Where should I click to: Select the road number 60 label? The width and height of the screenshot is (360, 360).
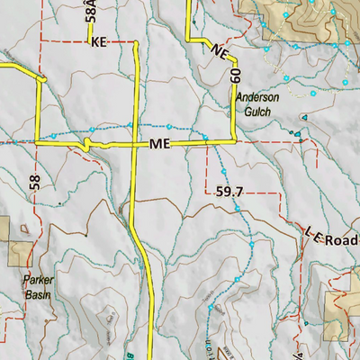236,75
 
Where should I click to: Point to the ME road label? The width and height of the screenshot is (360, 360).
160,144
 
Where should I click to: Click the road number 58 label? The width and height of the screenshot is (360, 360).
35,183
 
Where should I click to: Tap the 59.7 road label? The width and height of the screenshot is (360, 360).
230,191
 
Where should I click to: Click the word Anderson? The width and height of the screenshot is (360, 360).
258,98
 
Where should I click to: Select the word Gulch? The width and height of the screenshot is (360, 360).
256,112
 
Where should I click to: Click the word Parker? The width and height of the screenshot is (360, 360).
38,280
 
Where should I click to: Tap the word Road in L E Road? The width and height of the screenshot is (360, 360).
344,238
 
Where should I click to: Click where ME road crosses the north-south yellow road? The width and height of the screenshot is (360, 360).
134,143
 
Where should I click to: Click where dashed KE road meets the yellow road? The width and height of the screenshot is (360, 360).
135,42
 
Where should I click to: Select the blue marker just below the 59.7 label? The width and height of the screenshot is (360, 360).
237,208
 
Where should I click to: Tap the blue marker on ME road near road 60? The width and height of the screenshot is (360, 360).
205,138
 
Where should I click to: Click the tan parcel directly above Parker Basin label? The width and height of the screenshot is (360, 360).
18,240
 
